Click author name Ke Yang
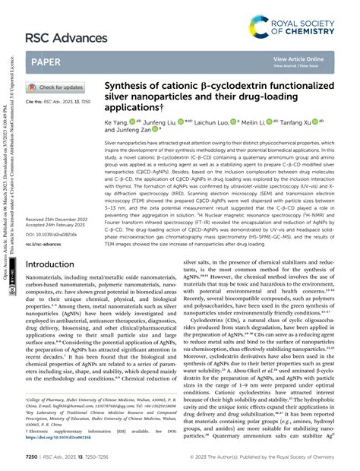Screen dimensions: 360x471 coord(116,121)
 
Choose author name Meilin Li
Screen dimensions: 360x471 coord(270,121)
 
